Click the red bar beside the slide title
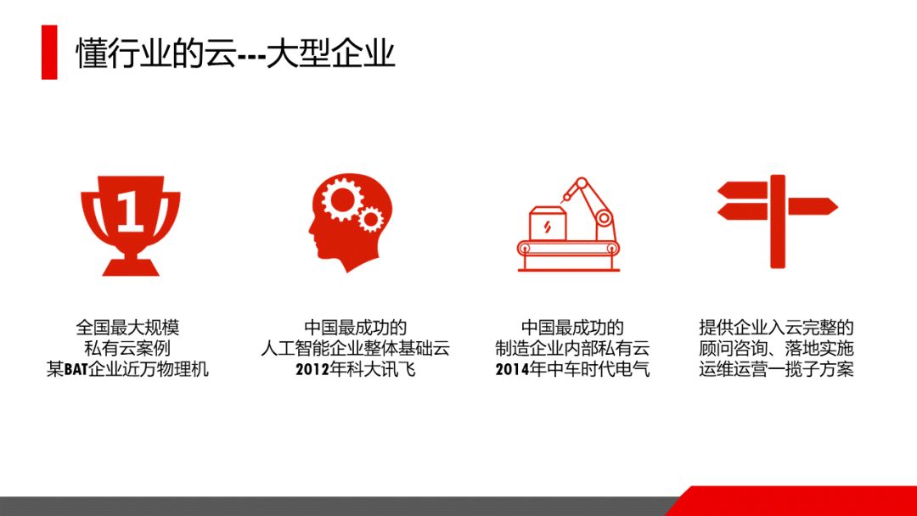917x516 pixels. pos(49,52)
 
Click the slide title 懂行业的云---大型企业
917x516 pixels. pos(236,53)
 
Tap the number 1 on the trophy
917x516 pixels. pos(130,211)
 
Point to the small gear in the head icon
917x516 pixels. pos(371,219)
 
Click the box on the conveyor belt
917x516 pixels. pos(548,223)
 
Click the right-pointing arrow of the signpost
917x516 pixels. pos(813,206)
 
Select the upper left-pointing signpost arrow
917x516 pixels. pos(742,190)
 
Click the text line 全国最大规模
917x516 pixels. pos(127,328)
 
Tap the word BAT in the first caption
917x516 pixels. pos(76,369)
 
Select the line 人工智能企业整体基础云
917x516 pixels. pos(356,348)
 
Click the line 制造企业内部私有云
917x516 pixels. pos(572,348)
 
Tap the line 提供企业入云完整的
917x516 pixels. pos(776,328)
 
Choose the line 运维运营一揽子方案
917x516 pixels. pos(776,369)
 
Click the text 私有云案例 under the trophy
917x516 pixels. pos(127,348)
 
